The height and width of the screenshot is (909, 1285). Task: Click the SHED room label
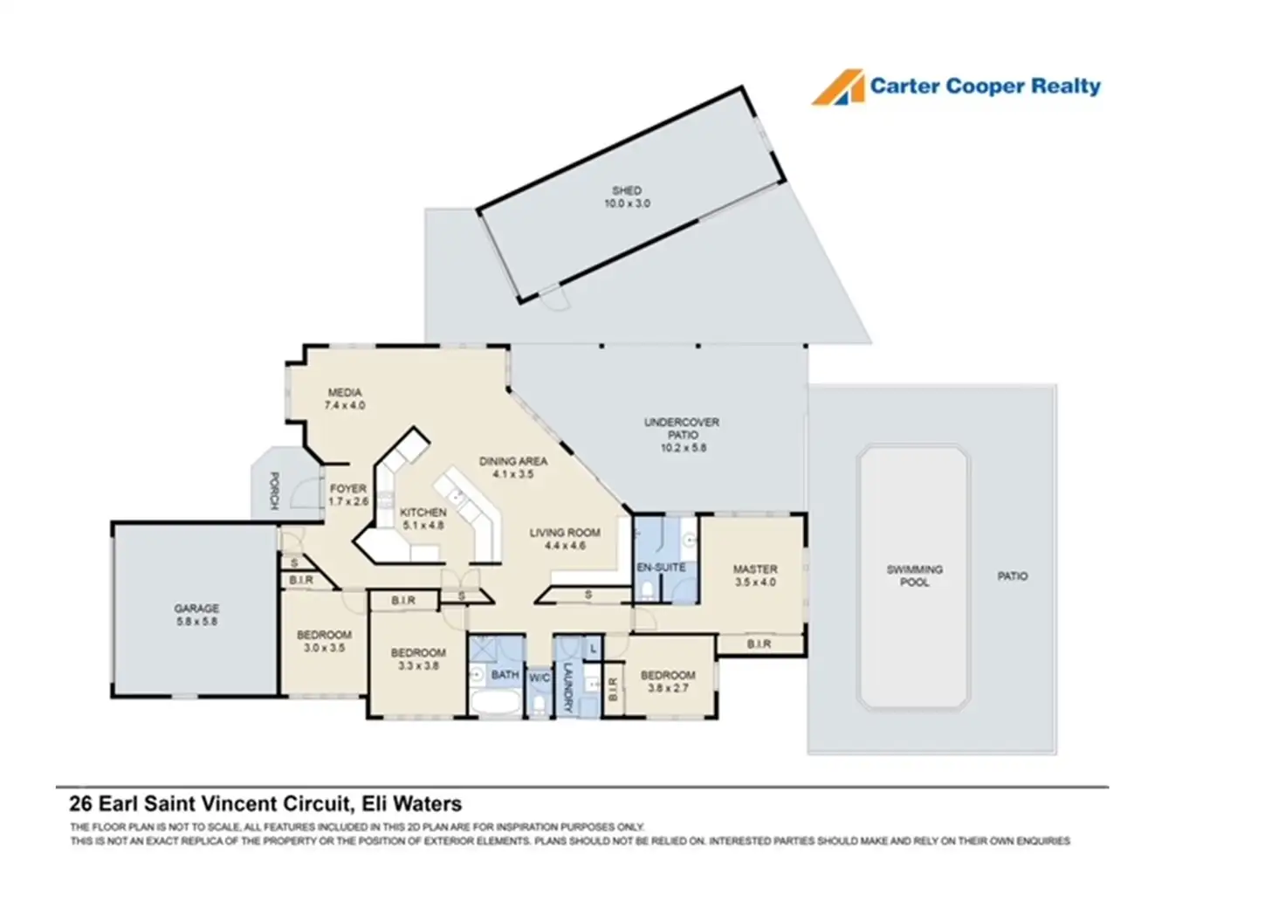point(627,196)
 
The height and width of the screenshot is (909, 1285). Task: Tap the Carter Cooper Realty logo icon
point(838,87)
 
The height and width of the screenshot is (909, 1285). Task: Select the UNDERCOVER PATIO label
point(683,434)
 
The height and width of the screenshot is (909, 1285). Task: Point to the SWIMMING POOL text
point(914,575)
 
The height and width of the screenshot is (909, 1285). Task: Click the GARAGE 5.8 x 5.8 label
point(196,615)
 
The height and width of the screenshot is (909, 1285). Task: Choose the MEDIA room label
point(345,399)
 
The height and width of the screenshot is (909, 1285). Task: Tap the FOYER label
point(348,495)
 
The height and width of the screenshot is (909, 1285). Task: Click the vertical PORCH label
point(274,492)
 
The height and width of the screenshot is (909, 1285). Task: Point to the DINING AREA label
point(513,467)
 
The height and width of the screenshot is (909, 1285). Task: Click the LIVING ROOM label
point(565,539)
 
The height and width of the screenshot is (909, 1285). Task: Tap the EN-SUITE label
point(661,568)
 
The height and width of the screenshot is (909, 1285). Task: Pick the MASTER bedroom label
point(755,575)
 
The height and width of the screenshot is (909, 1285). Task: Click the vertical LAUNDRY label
point(567,686)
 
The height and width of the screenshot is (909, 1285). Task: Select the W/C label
point(539,678)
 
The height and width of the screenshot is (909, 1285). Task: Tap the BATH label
point(505,674)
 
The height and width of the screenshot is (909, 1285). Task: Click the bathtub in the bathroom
point(496,702)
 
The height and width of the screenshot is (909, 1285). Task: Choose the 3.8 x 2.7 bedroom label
point(668,681)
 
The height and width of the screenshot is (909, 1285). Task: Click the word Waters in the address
point(427,803)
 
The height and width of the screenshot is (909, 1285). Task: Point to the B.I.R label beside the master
point(759,644)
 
